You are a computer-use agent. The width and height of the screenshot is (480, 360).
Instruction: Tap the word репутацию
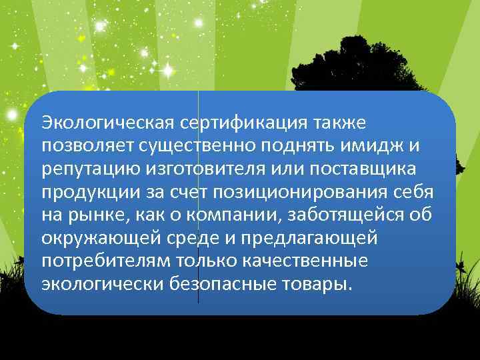click(x=86, y=169)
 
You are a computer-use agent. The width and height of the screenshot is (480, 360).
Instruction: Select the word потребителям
click(x=100, y=261)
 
